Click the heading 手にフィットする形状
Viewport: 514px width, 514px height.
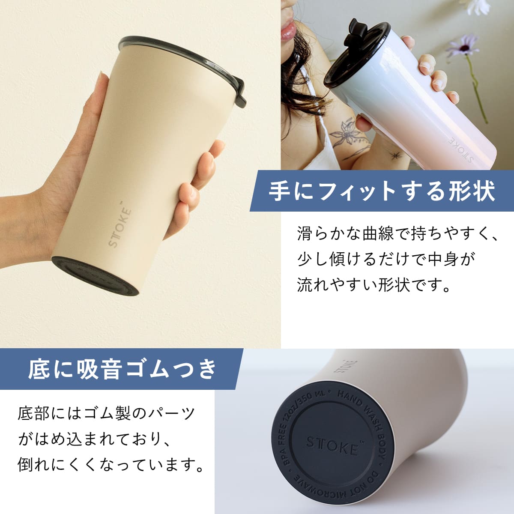[382, 191]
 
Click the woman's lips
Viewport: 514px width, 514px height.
[288, 31]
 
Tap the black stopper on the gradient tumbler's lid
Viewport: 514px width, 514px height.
[353, 33]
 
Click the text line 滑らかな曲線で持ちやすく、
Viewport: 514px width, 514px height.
[397, 234]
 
